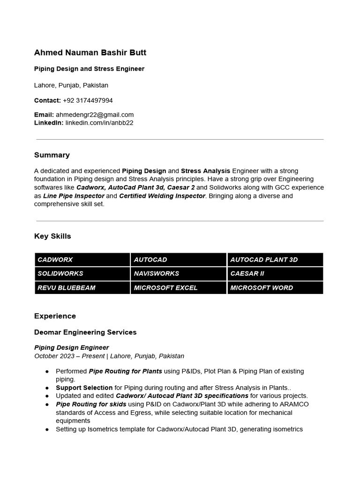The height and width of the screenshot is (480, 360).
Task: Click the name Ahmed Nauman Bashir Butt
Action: [90, 52]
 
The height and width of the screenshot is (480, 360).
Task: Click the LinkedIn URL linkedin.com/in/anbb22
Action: [99, 122]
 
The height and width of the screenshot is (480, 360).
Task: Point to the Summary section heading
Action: [52, 155]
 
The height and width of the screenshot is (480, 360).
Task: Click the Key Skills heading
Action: [52, 236]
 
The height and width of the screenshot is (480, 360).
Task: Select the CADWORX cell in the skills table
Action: [82, 260]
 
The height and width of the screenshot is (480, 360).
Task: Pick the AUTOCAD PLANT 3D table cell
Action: [275, 260]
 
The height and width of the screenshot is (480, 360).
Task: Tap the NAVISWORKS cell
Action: [179, 273]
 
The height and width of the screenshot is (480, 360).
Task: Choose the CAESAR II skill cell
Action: [275, 273]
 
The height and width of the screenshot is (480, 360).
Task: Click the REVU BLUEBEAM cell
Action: [82, 288]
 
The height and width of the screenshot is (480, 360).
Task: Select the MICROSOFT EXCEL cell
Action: [179, 288]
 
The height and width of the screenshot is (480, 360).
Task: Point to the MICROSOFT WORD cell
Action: [275, 288]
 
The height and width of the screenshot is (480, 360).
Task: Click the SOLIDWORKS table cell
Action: [82, 273]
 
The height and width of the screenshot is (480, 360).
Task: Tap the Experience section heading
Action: [55, 315]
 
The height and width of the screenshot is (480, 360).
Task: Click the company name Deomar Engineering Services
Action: [85, 332]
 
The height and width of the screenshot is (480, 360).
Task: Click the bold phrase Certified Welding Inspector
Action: [162, 195]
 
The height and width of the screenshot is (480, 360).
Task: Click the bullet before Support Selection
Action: [47, 388]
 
